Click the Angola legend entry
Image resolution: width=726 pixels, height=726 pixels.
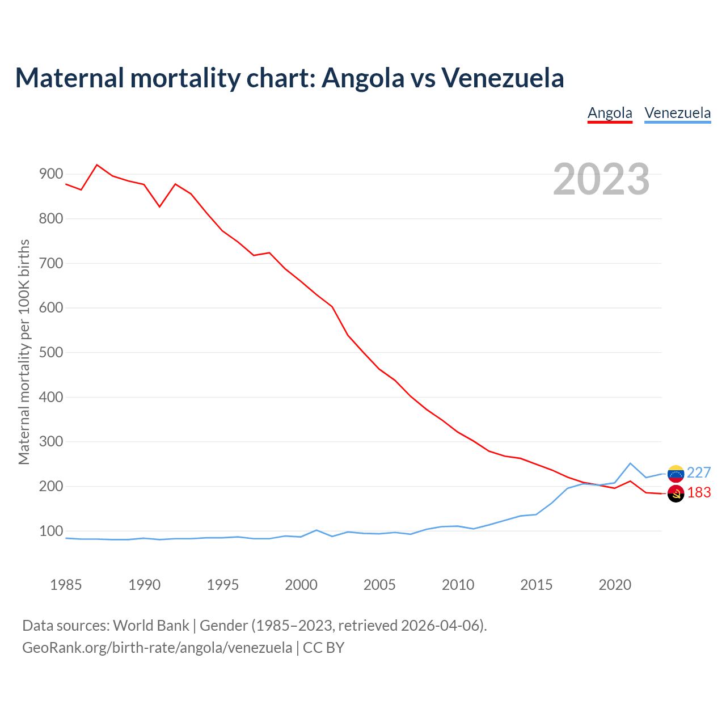610,113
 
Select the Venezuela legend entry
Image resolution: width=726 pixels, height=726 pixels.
678,113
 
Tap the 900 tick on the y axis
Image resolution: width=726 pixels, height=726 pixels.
51,174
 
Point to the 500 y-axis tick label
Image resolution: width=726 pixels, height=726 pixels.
51,353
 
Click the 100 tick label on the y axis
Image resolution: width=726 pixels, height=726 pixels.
51,531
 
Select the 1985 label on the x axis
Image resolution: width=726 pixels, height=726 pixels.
66,585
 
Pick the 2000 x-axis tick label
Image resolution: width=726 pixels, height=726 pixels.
301,585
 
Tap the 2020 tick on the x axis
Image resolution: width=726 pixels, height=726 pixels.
615,585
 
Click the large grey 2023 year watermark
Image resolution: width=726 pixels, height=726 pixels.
601,179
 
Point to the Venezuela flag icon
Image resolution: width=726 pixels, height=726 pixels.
676,473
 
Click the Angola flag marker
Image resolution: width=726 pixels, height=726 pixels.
676,493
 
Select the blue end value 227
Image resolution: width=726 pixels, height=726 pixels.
699,473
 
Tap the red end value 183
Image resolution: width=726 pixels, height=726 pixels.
699,493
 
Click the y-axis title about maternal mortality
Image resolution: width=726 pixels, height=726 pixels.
24,352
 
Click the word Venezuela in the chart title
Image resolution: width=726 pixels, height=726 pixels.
503,78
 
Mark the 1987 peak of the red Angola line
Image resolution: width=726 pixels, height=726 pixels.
97,165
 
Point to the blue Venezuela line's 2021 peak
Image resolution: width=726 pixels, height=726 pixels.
630,463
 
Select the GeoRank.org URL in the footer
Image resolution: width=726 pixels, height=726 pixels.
157,648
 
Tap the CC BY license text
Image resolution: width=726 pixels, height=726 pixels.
323,648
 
